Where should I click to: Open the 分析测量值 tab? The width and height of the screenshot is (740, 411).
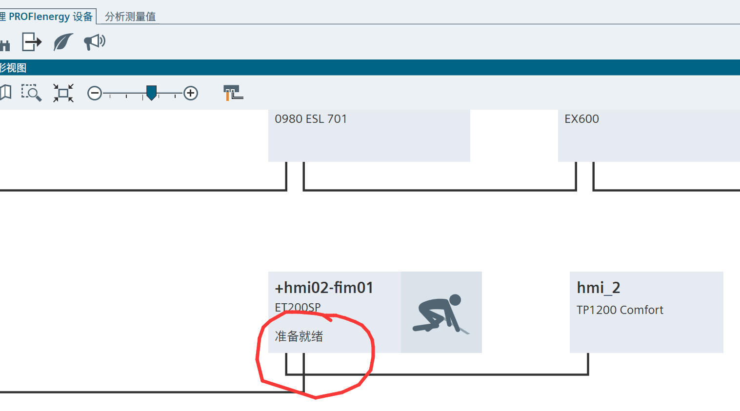coord(130,17)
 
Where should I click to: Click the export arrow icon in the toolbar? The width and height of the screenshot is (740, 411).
coord(32,42)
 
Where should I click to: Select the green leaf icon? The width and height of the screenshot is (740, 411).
coord(63,42)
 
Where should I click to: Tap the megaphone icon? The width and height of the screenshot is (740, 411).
coord(95,42)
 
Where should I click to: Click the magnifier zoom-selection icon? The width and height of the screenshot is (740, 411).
coord(31,93)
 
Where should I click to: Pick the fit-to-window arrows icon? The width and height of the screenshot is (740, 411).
coord(63,93)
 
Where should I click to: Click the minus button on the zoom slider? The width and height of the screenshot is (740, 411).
coord(95,93)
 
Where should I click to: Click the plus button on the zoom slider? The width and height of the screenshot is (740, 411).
coord(191,93)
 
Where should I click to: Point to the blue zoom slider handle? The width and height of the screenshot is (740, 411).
coord(152,92)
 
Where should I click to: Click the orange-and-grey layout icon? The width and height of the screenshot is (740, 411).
coord(233,93)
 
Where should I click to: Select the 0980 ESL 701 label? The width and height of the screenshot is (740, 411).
coord(311,119)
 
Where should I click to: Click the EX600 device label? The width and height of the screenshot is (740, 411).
coord(581,119)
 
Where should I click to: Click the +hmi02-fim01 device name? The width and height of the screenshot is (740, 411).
coord(324,288)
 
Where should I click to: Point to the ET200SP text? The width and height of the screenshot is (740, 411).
coord(298,307)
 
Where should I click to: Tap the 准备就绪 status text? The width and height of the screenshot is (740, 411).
coord(299,336)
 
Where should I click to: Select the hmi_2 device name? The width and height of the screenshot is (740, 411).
coord(598,288)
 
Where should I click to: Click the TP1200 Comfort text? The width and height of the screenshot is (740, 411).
coord(620,310)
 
